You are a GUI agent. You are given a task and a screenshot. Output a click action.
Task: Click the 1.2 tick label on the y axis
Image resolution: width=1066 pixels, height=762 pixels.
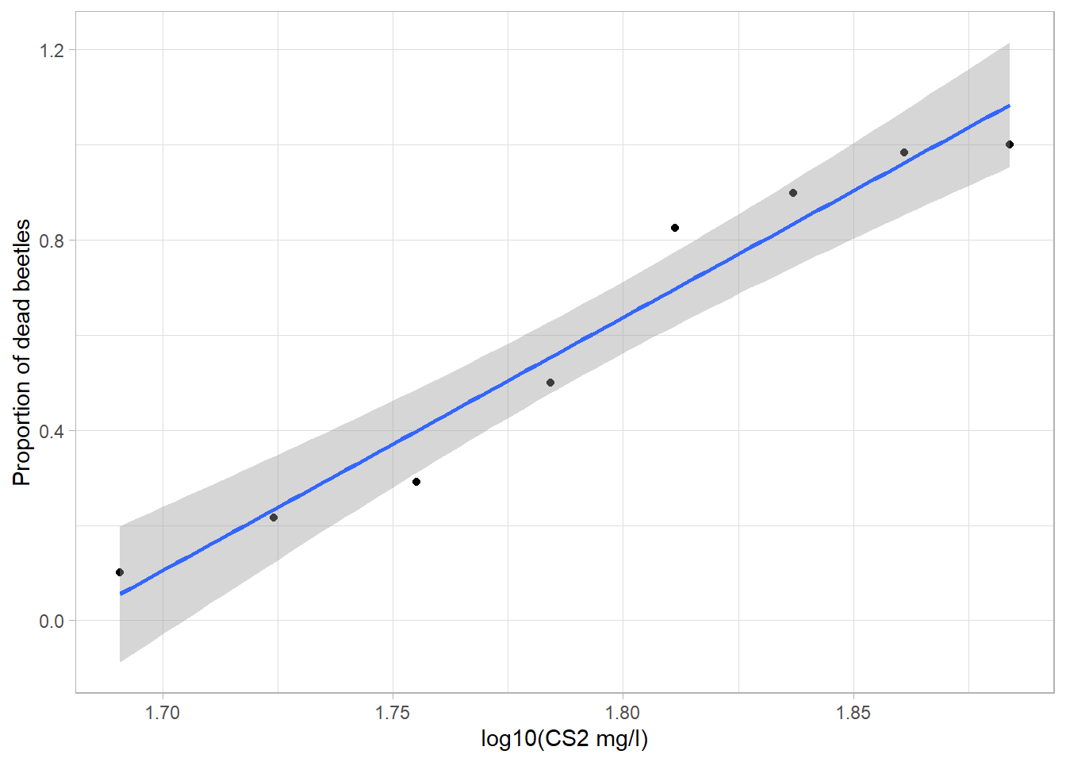[52, 50]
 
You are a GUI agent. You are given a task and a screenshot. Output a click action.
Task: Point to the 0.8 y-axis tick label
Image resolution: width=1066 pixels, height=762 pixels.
[52, 241]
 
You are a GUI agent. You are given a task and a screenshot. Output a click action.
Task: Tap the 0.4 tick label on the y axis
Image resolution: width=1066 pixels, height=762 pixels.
[52, 431]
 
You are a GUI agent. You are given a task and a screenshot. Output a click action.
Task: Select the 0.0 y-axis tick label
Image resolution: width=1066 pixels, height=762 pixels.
[52, 622]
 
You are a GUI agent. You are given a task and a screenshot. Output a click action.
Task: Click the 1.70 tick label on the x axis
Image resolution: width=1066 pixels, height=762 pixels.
[163, 713]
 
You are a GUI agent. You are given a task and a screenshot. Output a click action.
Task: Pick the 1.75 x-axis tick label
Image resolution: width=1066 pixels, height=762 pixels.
[393, 713]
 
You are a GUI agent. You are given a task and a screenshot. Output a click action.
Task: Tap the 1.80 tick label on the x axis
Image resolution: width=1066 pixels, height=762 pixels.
[623, 713]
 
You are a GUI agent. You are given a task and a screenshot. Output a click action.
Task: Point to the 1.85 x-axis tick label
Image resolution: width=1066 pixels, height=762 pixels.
[853, 713]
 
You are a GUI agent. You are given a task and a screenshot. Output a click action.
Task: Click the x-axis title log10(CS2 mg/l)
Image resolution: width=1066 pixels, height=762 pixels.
[565, 740]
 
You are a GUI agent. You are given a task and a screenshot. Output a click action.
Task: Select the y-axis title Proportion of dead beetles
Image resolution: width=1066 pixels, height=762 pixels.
[21, 352]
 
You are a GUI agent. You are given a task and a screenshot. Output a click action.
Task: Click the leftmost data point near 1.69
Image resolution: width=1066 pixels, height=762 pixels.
[120, 572]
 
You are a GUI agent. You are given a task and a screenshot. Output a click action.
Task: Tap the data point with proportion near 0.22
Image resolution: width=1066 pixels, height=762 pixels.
[274, 518]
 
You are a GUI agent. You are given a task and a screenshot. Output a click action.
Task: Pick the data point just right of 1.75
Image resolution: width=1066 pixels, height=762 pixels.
[416, 482]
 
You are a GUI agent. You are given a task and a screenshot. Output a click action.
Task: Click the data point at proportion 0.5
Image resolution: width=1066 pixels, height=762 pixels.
[550, 383]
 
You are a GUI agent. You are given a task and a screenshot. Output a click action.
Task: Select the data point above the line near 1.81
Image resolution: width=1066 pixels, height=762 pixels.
[675, 228]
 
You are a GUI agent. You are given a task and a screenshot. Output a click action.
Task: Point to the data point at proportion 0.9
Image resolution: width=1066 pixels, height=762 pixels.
[793, 193]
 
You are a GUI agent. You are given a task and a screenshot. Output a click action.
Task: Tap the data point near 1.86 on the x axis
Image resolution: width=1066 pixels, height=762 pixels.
[904, 152]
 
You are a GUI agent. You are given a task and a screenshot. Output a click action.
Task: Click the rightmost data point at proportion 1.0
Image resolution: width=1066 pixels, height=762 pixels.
[1010, 144]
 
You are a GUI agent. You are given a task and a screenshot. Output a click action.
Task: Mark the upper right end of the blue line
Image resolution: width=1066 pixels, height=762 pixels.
[1009, 105]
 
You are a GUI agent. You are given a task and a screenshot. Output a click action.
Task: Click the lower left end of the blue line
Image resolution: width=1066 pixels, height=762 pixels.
[121, 593]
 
